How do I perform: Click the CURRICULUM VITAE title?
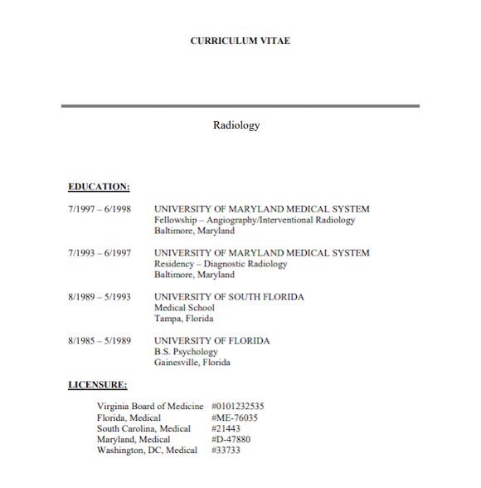[240, 41]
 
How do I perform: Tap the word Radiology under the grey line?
[236, 125]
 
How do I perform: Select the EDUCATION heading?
[99, 187]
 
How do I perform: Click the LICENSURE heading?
[98, 384]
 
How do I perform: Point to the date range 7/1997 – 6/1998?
[100, 209]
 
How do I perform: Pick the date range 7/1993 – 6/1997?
[100, 253]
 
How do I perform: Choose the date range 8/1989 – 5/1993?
[100, 297]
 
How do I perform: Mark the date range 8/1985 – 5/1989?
[100, 341]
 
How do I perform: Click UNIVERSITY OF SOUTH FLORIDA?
[229, 297]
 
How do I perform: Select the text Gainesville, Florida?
[192, 363]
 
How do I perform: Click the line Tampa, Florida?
[184, 319]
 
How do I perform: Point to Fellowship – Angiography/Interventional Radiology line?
[255, 220]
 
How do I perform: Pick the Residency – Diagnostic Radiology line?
[221, 264]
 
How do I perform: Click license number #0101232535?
[238, 407]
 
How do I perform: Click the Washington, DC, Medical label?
[148, 450]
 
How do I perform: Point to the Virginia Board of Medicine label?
[150, 407]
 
